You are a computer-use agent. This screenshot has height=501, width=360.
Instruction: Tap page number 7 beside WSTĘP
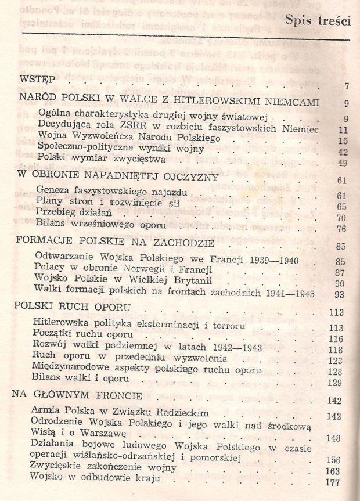click(x=345, y=88)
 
